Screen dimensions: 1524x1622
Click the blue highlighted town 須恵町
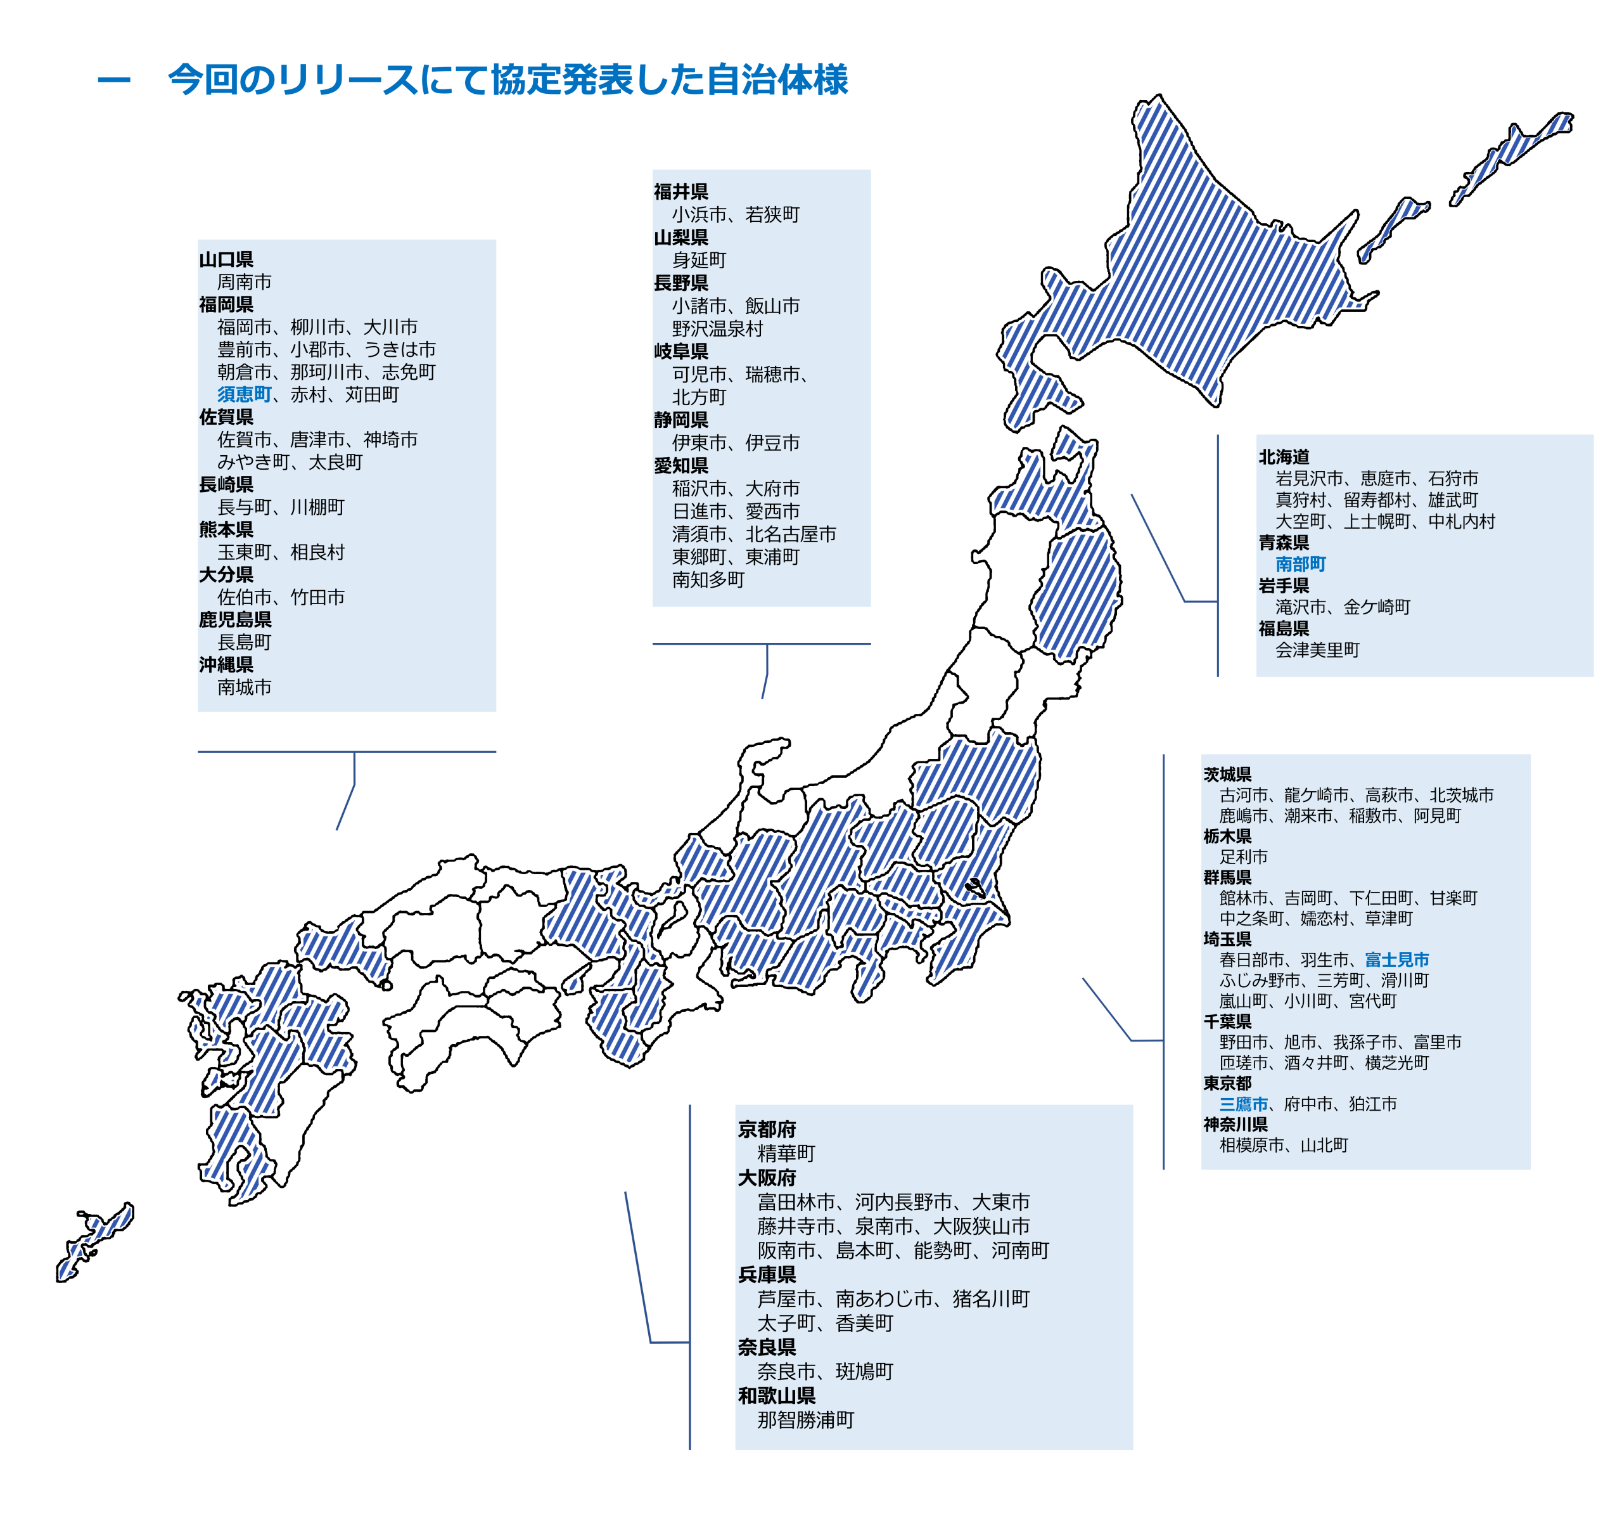tap(244, 394)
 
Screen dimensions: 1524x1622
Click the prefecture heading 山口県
tap(226, 259)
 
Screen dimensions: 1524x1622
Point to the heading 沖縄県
tap(226, 664)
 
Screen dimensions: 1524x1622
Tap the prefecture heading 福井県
tap(680, 192)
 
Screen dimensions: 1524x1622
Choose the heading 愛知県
tap(680, 465)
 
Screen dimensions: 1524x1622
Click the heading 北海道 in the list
tap(1284, 456)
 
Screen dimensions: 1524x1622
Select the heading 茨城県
tap(1227, 774)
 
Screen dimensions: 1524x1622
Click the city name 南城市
tap(244, 687)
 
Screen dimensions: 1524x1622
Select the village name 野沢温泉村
tap(717, 329)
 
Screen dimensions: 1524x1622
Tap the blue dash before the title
tap(113, 80)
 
